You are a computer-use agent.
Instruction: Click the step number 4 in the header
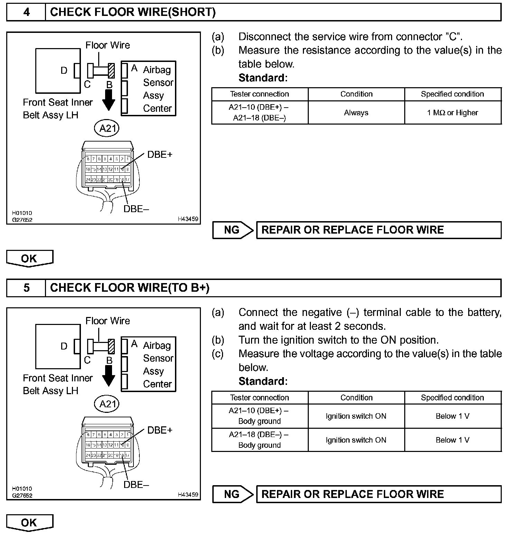pos(26,12)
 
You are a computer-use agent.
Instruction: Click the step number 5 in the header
pos(26,288)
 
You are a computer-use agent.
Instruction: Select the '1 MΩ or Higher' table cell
pos(452,112)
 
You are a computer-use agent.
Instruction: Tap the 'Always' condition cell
pos(356,112)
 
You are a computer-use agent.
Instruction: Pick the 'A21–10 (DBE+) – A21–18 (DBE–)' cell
pos(259,112)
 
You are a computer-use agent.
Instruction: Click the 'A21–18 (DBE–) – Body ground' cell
pos(259,440)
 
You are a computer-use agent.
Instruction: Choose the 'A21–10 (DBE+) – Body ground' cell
pos(259,416)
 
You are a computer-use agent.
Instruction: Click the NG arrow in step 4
pos(233,230)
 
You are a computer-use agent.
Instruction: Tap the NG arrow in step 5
pos(233,494)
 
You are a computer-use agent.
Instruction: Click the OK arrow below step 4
pos(29,259)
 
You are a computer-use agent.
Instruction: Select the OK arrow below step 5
pos(29,523)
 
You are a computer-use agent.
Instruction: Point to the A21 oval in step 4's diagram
pos(107,128)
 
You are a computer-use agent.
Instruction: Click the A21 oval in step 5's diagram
pos(107,404)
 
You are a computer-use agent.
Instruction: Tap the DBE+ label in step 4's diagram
pos(159,155)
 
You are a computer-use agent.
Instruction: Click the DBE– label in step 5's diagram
pos(136,485)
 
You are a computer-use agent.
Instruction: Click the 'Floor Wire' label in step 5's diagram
pos(108,321)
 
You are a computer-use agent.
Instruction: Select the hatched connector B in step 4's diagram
pos(111,71)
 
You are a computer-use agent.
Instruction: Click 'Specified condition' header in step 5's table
pos(452,398)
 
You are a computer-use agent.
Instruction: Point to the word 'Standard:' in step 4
pos(263,78)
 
